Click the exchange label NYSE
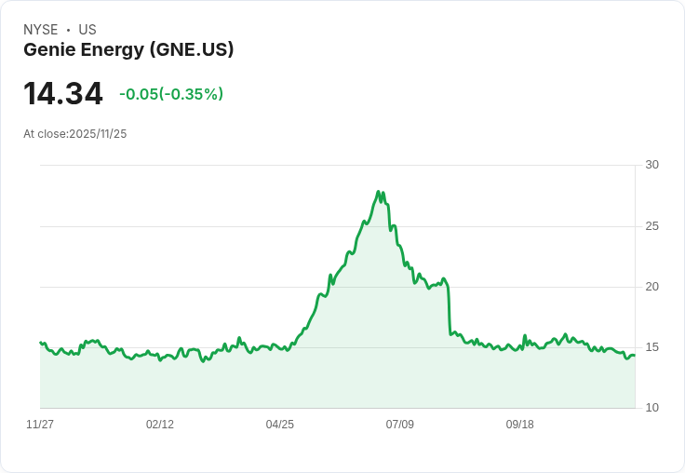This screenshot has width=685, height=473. (x=41, y=30)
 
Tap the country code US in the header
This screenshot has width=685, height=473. (x=87, y=30)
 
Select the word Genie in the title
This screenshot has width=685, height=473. (x=48, y=50)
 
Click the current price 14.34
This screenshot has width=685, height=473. (x=62, y=94)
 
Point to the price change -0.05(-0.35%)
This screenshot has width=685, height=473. (x=171, y=94)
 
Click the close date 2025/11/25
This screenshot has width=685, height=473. (x=98, y=134)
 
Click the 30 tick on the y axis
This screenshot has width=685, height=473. (x=651, y=165)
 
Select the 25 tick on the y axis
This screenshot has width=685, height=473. (x=651, y=226)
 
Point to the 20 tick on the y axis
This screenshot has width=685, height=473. (x=651, y=287)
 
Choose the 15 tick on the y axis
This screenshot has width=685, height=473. (x=651, y=347)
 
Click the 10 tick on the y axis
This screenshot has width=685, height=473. (x=651, y=408)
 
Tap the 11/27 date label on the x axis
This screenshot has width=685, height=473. (x=40, y=425)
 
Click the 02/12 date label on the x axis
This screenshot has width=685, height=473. (x=160, y=425)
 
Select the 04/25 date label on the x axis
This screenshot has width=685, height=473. (x=280, y=425)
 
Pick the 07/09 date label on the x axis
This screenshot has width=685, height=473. (x=400, y=425)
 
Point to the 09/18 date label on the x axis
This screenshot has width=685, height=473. (x=520, y=425)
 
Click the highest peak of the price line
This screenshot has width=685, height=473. (x=379, y=192)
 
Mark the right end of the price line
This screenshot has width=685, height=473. (x=635, y=355)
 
